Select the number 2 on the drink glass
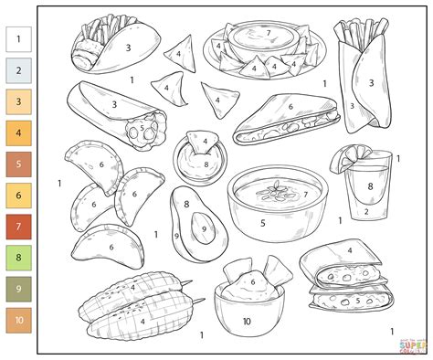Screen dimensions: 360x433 coord(367,212)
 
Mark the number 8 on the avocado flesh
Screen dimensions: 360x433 coord(186,205)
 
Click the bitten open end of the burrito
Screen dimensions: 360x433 coord(145,131)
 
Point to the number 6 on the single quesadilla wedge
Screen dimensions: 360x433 coord(290,106)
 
